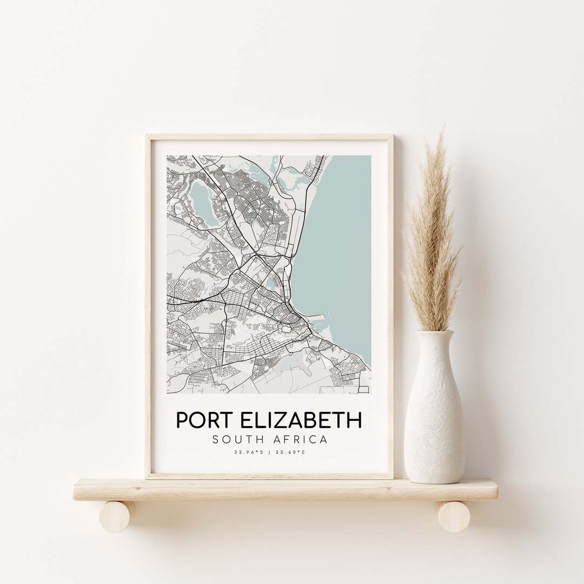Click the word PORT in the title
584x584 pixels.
204,421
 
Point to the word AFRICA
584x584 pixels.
301,440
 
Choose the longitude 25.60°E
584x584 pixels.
291,452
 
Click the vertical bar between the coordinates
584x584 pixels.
269,452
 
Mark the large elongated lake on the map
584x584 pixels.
201,201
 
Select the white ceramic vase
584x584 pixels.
434,416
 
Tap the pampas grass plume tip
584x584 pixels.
443,130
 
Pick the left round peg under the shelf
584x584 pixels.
116,516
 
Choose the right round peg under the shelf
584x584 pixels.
454,516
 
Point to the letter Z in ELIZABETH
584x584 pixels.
288,421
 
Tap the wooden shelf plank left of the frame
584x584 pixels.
108,489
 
